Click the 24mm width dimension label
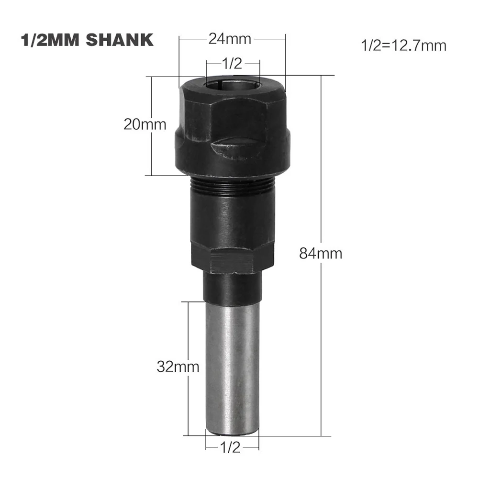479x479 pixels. [230, 39]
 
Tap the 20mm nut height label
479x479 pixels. [145, 124]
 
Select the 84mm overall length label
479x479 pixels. [321, 254]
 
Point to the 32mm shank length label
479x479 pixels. [178, 367]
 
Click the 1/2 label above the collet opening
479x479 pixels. [232, 64]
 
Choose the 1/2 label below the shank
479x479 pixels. [231, 447]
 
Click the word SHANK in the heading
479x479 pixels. [120, 40]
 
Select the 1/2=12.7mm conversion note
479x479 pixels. [403, 45]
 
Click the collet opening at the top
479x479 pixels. [233, 83]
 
